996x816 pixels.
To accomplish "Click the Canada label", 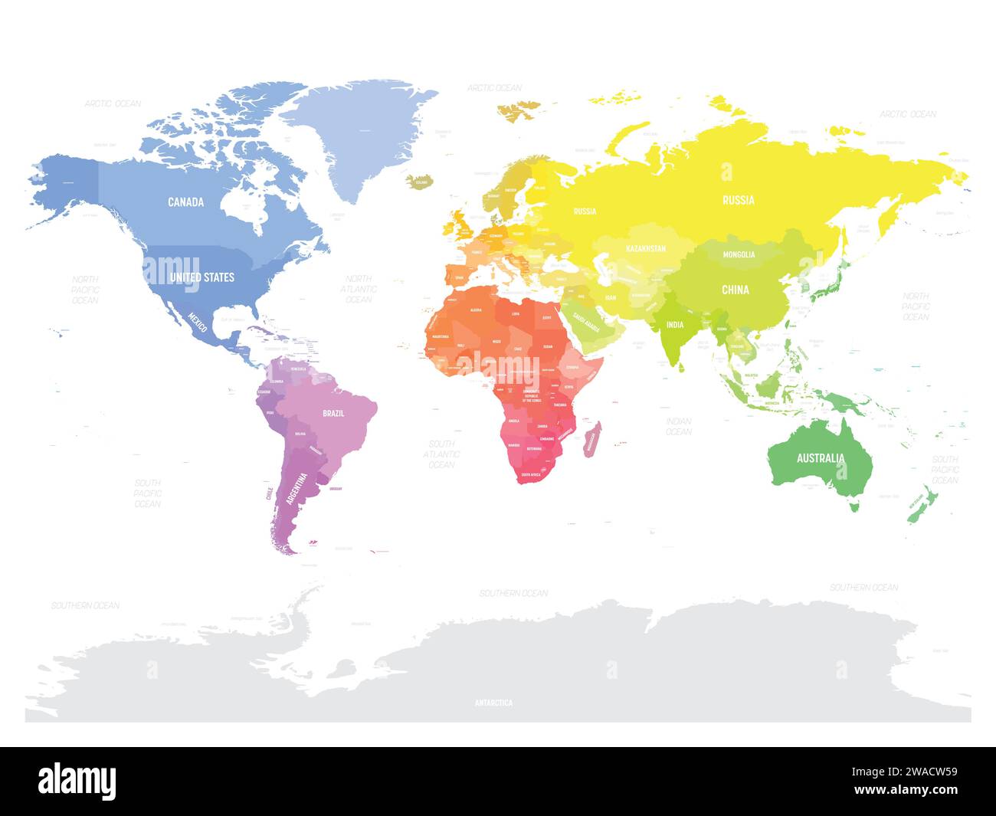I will [186, 202].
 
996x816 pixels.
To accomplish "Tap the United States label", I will [202, 277].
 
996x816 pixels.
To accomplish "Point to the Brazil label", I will [333, 413].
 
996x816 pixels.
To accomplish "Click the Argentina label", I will [297, 488].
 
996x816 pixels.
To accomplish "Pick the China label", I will [735, 290].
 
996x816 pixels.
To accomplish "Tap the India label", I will [674, 325].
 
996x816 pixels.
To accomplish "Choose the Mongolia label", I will [739, 254].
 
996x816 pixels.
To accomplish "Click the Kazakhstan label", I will [646, 249].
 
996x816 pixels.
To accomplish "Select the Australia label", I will [821, 458].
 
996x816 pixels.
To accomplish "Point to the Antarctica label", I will [493, 703].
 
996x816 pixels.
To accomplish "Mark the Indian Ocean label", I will [678, 426].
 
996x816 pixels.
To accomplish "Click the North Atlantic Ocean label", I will [359, 289].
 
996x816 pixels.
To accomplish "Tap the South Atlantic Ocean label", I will [441, 454].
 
